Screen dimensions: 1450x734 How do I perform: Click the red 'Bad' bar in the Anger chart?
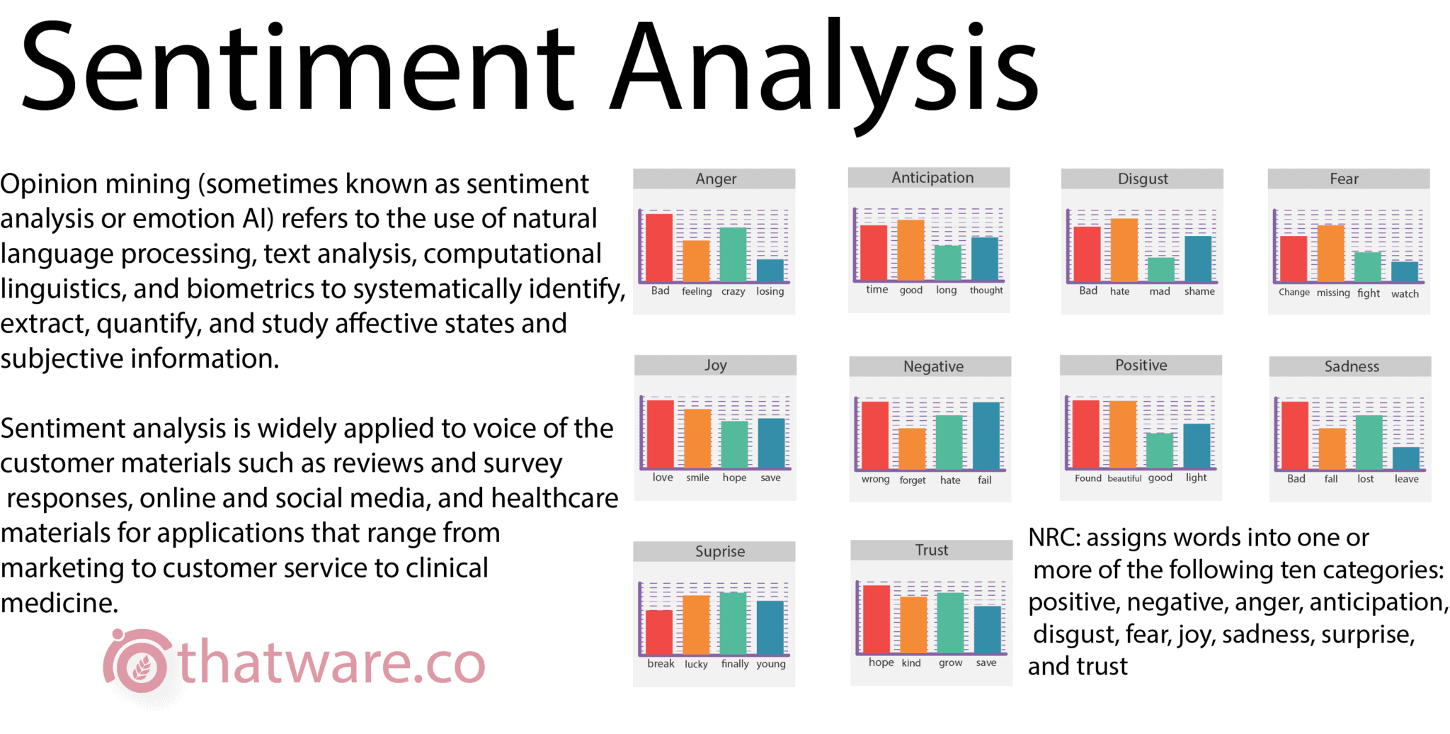coord(659,247)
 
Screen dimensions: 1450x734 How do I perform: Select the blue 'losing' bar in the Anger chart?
coord(770,270)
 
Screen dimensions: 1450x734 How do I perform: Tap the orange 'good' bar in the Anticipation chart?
coord(910,250)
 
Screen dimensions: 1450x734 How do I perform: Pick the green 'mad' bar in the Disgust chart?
coord(1160,270)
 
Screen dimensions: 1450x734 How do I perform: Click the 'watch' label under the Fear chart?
coord(1405,293)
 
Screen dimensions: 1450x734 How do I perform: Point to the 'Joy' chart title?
coord(715,366)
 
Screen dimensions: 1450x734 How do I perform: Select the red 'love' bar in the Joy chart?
coord(661,434)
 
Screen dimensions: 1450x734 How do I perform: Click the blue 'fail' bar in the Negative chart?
coord(986,435)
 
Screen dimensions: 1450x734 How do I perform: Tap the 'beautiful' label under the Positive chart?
coord(1124,478)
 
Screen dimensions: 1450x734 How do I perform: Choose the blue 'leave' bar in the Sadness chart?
coord(1406,458)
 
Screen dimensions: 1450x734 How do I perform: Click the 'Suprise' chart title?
coord(719,551)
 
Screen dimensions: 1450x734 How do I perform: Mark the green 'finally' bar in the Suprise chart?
coord(733,623)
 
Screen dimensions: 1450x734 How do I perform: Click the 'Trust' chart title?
coord(931,550)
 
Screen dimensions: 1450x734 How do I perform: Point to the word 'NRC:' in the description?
coord(1054,538)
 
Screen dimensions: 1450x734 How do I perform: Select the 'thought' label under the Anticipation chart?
coord(986,290)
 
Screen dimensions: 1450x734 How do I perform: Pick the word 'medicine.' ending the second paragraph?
coord(59,603)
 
